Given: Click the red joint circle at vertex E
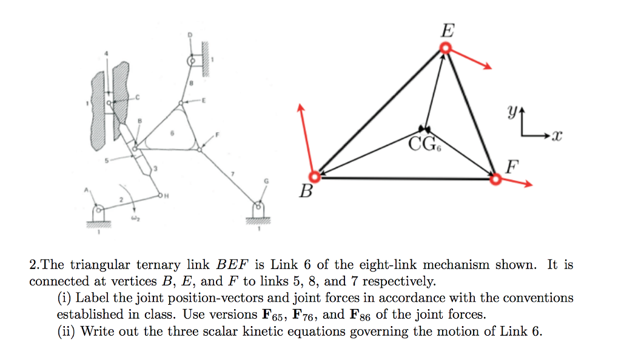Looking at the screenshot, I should click(x=446, y=48).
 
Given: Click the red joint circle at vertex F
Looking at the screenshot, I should click(x=495, y=178).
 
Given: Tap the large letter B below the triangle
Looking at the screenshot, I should click(x=307, y=193).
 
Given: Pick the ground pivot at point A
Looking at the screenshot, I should click(x=97, y=211).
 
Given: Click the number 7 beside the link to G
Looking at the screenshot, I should click(x=232, y=174).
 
